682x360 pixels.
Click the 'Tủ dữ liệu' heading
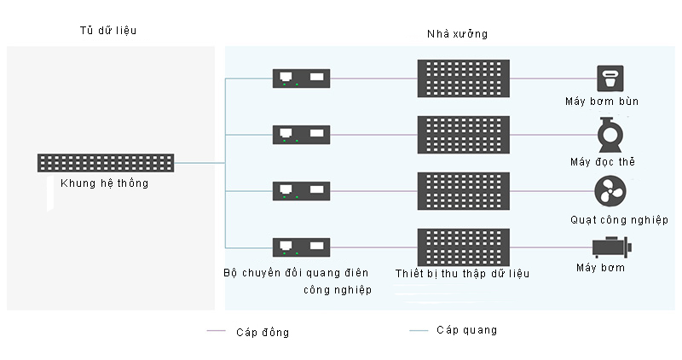(x=107, y=31)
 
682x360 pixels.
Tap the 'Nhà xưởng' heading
(x=457, y=34)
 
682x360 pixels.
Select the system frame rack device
(x=106, y=162)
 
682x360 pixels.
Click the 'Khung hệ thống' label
(x=105, y=183)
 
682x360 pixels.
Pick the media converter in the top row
(x=301, y=78)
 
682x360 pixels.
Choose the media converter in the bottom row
(x=301, y=247)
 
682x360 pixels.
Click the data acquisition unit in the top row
(x=463, y=78)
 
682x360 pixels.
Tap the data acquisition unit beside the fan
(x=463, y=191)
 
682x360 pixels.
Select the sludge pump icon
(x=609, y=78)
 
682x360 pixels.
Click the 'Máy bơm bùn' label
(x=602, y=102)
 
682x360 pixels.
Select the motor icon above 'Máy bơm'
(x=610, y=247)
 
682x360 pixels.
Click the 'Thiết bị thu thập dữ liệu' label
(x=463, y=274)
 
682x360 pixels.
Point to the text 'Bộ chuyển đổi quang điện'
(x=296, y=273)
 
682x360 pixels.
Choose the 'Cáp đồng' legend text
(x=263, y=333)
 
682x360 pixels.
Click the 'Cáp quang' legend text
(x=466, y=330)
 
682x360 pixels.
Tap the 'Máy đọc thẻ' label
(x=603, y=161)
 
